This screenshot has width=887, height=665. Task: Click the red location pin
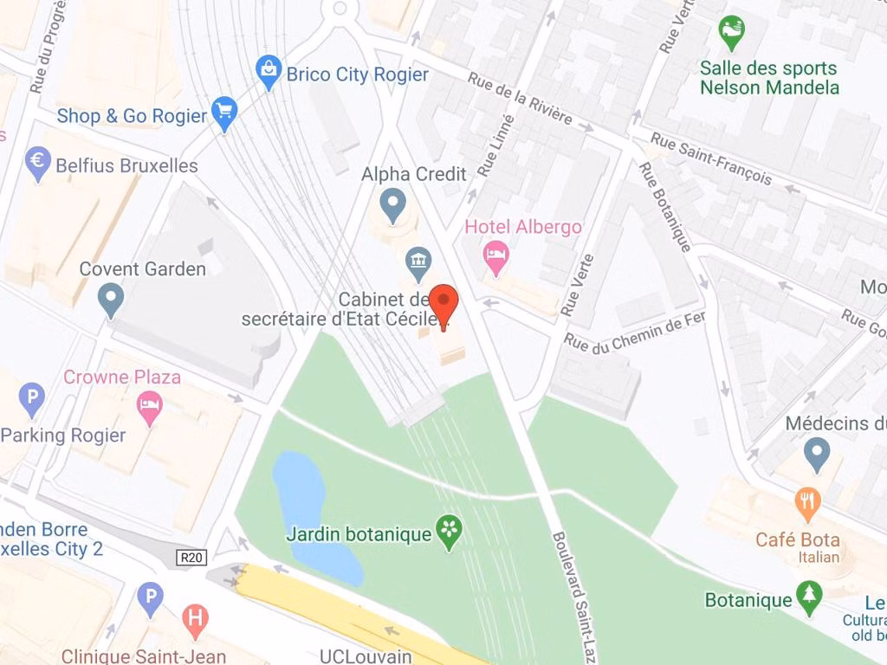pyautogui.click(x=444, y=304)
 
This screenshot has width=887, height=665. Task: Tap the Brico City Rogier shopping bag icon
pyautogui.click(x=269, y=72)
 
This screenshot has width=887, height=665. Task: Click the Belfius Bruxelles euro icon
pyautogui.click(x=38, y=163)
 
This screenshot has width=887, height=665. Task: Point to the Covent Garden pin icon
pyautogui.click(x=111, y=300)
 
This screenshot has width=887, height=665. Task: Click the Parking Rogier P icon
pyautogui.click(x=32, y=398)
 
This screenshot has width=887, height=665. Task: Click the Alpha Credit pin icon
pyautogui.click(x=393, y=205)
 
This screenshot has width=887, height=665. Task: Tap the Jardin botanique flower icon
pyautogui.click(x=449, y=532)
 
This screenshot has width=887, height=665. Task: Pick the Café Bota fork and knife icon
pyautogui.click(x=807, y=504)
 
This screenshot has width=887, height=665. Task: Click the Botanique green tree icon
pyautogui.click(x=809, y=597)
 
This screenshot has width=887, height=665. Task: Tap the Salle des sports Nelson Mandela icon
pyautogui.click(x=732, y=32)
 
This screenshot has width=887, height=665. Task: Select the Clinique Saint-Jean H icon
pyautogui.click(x=196, y=621)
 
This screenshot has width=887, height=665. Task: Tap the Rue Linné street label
pyautogui.click(x=496, y=145)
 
